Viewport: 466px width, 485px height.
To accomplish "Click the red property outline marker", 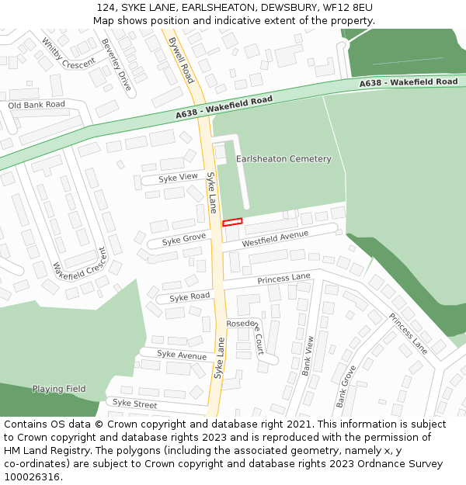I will pos(232,222).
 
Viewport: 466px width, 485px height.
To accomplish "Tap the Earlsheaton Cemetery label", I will pos(283,159).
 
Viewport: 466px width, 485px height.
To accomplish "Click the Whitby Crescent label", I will pos(68,54).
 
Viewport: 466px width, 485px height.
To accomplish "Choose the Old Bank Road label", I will pos(37,104).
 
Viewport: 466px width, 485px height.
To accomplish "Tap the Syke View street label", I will pos(178,178).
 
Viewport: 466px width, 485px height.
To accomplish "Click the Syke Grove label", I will pos(183,239).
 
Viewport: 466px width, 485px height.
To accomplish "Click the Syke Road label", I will pos(190,297).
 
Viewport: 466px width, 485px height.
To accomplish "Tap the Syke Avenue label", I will pos(182,355).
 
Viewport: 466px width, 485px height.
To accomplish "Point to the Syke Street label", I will pos(134,404).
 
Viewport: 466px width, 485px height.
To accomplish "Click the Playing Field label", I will pos(59,389).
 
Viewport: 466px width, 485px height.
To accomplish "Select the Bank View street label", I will pos(308,355).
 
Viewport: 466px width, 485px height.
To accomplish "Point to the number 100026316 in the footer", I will pos(32,476).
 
